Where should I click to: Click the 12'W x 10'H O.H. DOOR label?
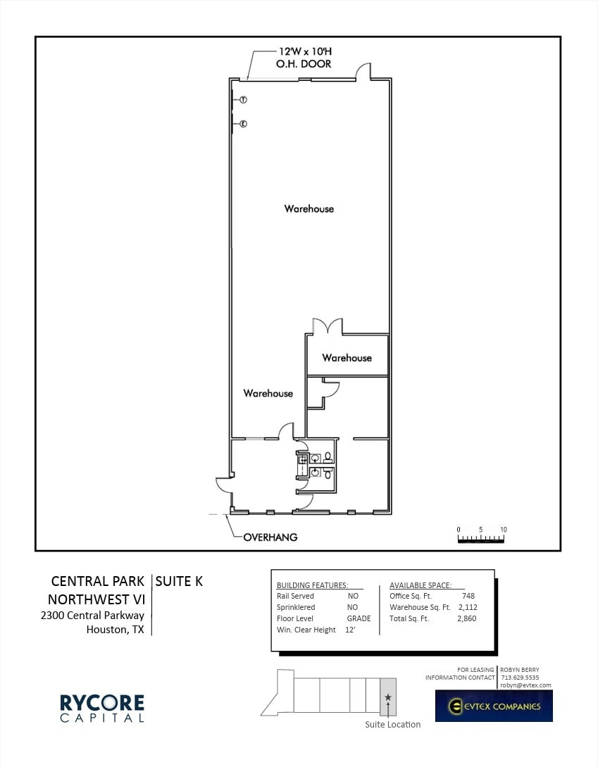click(304, 58)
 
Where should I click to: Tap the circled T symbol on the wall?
click(242, 100)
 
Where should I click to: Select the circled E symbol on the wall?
click(243, 124)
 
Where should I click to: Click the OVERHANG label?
click(270, 537)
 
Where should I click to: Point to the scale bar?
click(481, 539)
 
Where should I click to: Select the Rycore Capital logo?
click(101, 708)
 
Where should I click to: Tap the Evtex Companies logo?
click(494, 706)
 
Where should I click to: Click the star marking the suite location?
click(388, 697)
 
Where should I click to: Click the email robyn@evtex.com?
click(525, 685)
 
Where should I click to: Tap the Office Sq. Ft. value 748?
click(468, 596)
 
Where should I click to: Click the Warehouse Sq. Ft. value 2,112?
click(468, 607)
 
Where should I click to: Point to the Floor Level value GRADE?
click(359, 618)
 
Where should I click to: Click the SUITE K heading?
click(179, 581)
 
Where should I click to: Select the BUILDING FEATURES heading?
click(312, 585)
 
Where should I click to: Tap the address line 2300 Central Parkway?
click(92, 615)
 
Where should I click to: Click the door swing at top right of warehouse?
click(363, 71)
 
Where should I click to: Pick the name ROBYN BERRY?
click(520, 670)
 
